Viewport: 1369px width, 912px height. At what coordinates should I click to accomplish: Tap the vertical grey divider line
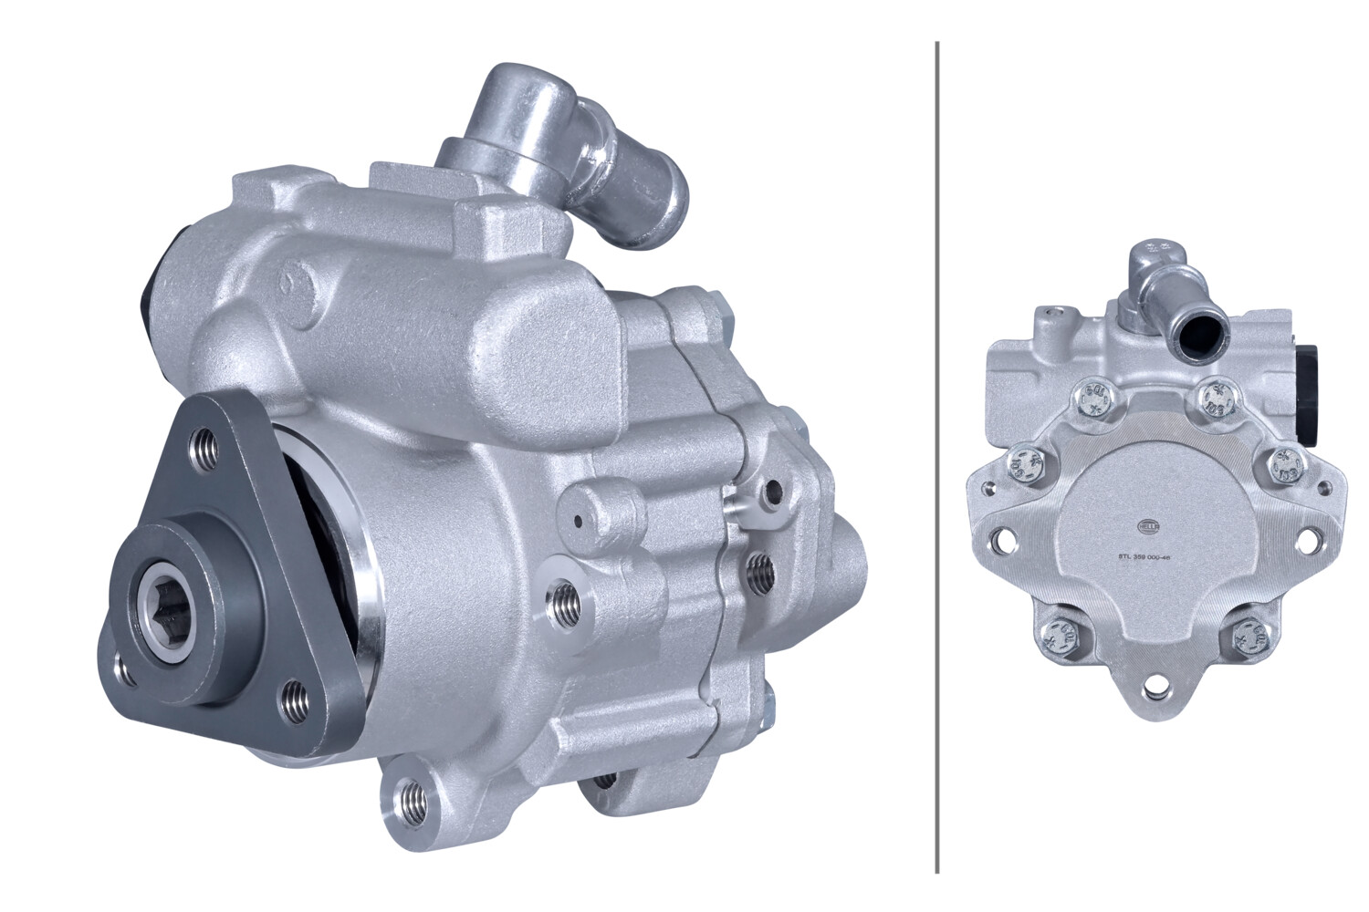pos(937,456)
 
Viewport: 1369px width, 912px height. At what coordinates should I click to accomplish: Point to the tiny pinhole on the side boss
pos(579,523)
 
